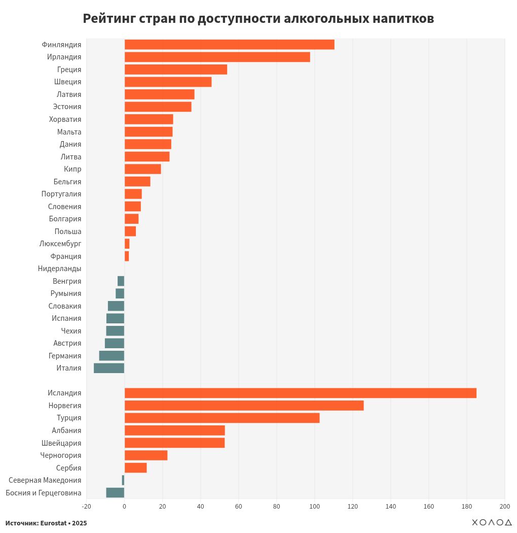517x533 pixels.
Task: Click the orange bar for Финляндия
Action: click(x=229, y=45)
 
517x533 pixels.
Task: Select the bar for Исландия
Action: click(x=300, y=393)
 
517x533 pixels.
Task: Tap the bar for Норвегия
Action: click(x=244, y=406)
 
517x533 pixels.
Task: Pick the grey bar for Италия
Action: click(x=109, y=368)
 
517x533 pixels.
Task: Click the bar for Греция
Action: click(x=175, y=70)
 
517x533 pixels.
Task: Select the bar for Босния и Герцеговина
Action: click(x=115, y=492)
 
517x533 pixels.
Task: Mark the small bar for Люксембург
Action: click(x=127, y=244)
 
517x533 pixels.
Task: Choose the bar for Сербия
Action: click(x=135, y=468)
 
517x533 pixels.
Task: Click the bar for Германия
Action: click(x=112, y=355)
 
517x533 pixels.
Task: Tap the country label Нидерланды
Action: click(x=59, y=269)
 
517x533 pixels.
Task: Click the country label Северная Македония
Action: click(x=45, y=480)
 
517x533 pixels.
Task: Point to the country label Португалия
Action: click(x=61, y=194)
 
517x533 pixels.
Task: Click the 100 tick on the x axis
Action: click(x=314, y=506)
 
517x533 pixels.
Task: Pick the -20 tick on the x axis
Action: click(x=86, y=506)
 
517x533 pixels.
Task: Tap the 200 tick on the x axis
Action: click(x=504, y=506)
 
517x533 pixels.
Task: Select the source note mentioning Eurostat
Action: click(x=46, y=523)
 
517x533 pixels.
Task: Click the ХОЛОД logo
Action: click(x=491, y=522)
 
